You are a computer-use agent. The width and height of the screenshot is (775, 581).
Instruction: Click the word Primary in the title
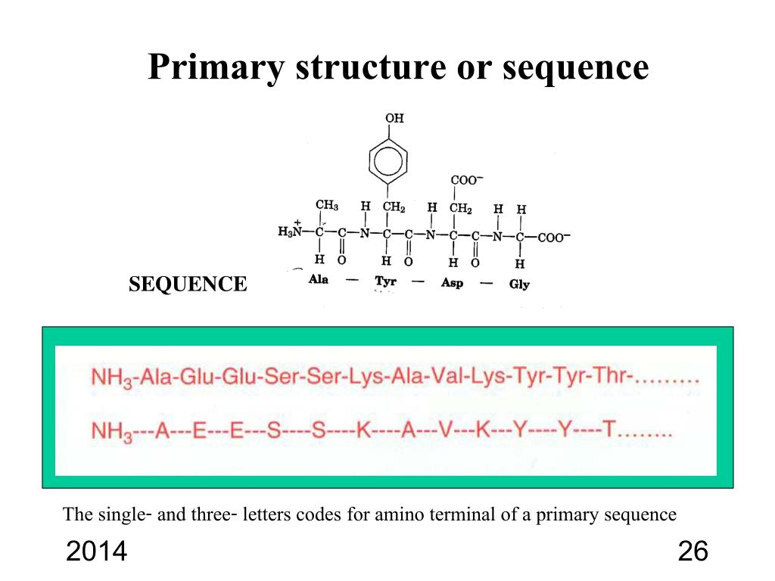pyautogui.click(x=215, y=67)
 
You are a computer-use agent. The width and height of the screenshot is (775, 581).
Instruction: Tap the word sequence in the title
pyautogui.click(x=577, y=67)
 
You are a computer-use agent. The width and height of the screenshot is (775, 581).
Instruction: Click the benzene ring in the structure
pyautogui.click(x=388, y=160)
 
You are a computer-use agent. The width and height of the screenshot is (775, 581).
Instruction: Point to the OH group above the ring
pyautogui.click(x=394, y=118)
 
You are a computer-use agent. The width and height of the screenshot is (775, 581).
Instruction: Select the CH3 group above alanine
pyautogui.click(x=326, y=206)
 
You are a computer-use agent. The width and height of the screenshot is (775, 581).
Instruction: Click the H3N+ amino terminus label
pyautogui.click(x=291, y=231)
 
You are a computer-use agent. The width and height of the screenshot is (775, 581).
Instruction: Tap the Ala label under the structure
pyautogui.click(x=319, y=281)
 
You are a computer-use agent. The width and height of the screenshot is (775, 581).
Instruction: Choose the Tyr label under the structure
pyautogui.click(x=386, y=281)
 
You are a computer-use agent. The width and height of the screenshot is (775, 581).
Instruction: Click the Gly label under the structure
pyautogui.click(x=520, y=284)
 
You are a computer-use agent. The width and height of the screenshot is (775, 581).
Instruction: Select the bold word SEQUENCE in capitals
pyautogui.click(x=188, y=284)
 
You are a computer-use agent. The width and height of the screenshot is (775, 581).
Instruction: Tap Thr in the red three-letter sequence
pyautogui.click(x=609, y=377)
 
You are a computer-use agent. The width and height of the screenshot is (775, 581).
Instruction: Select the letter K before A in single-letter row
pyautogui.click(x=363, y=430)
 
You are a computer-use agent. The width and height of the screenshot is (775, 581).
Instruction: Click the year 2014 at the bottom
pyautogui.click(x=96, y=552)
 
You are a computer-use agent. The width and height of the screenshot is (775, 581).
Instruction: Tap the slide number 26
pyautogui.click(x=693, y=552)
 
